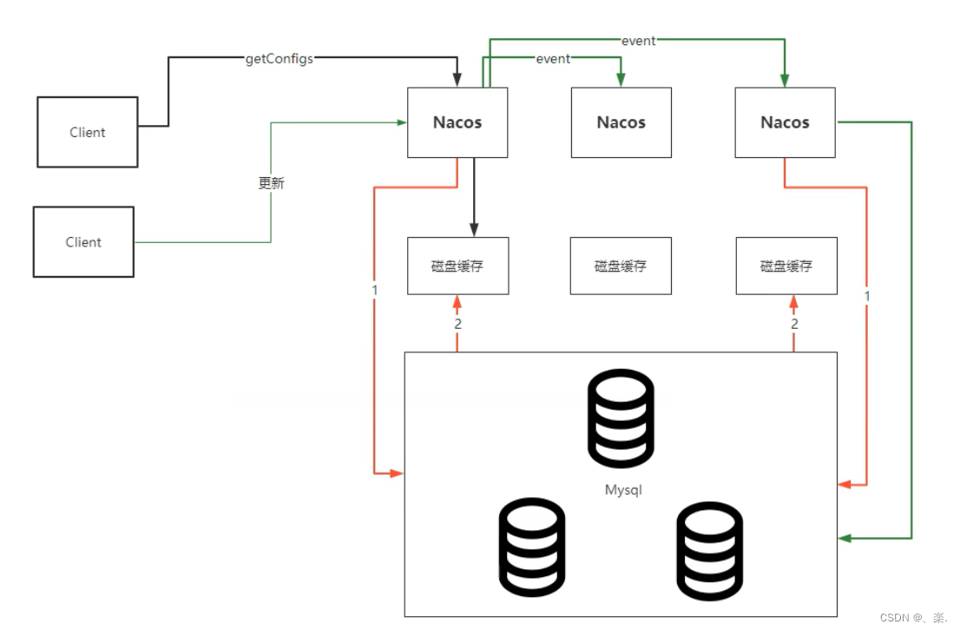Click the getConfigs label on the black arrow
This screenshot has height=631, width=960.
click(279, 59)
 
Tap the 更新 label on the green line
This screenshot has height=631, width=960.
click(271, 183)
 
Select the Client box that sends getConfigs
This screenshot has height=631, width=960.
click(87, 132)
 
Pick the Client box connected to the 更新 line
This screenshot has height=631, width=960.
click(83, 242)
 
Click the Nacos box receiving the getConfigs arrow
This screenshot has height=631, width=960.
click(457, 122)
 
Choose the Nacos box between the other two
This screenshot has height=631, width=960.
click(621, 122)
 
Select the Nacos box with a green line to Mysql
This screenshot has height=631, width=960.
click(785, 122)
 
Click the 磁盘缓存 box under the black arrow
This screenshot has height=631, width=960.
click(457, 266)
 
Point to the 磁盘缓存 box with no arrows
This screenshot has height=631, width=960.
click(621, 266)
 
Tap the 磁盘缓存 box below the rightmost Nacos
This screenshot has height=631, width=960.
click(786, 266)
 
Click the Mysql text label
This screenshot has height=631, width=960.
click(623, 490)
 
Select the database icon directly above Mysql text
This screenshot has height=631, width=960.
click(621, 417)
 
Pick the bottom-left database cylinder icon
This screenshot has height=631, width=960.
click(532, 546)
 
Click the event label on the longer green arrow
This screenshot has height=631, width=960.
click(638, 41)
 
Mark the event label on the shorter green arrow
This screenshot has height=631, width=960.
click(553, 59)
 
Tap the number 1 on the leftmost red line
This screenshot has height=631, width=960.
click(374, 290)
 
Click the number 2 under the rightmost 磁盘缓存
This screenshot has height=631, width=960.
click(794, 324)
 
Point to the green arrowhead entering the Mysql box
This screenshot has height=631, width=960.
click(845, 539)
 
